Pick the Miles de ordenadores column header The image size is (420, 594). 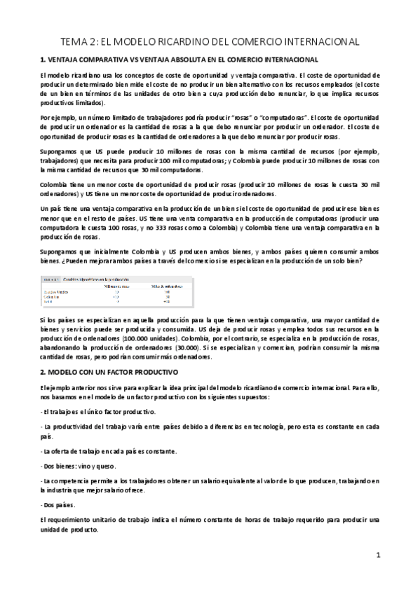coord(162,285)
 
